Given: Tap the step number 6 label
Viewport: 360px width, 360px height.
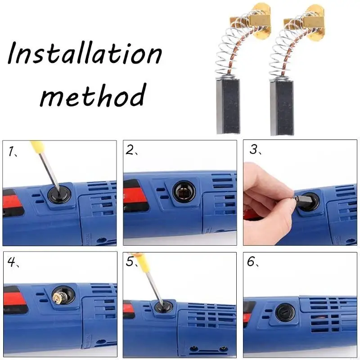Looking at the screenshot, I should coord(251,262).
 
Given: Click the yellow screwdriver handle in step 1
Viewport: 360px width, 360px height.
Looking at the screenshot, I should coord(37,148).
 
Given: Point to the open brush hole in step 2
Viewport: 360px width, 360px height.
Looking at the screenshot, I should coord(184,192).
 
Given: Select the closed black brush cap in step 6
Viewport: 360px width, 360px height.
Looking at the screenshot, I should coord(285,312).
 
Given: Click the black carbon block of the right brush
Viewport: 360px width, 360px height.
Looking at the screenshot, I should coord(284,108).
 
